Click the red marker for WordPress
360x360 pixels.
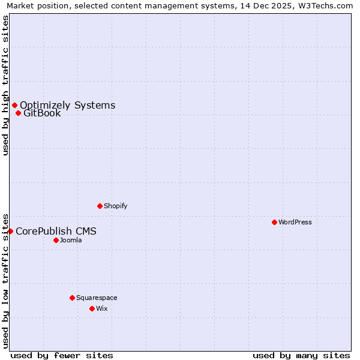[x=274, y=222]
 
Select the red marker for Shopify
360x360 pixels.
[x=100, y=206]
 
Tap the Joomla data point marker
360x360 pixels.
[x=56, y=240]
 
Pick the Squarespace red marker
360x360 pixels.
[x=72, y=298]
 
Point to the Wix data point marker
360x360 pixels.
[x=92, y=308]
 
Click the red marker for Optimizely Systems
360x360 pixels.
[x=14, y=106]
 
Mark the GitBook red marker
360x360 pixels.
[x=18, y=113]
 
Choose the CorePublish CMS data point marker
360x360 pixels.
[x=10, y=231]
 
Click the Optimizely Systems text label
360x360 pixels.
[x=67, y=106]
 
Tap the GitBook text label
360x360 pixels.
[x=42, y=113]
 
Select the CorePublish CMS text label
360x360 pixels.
[x=56, y=232]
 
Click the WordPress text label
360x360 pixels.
[x=295, y=223]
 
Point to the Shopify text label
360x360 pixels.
[x=116, y=206]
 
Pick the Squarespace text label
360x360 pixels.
[x=97, y=298]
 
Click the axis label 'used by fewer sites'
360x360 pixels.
[x=62, y=355]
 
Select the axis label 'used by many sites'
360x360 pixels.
[x=301, y=355]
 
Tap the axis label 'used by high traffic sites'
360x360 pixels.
[x=5, y=85]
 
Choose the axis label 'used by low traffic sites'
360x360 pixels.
[x=5, y=280]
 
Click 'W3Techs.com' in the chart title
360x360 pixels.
[x=328, y=5]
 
